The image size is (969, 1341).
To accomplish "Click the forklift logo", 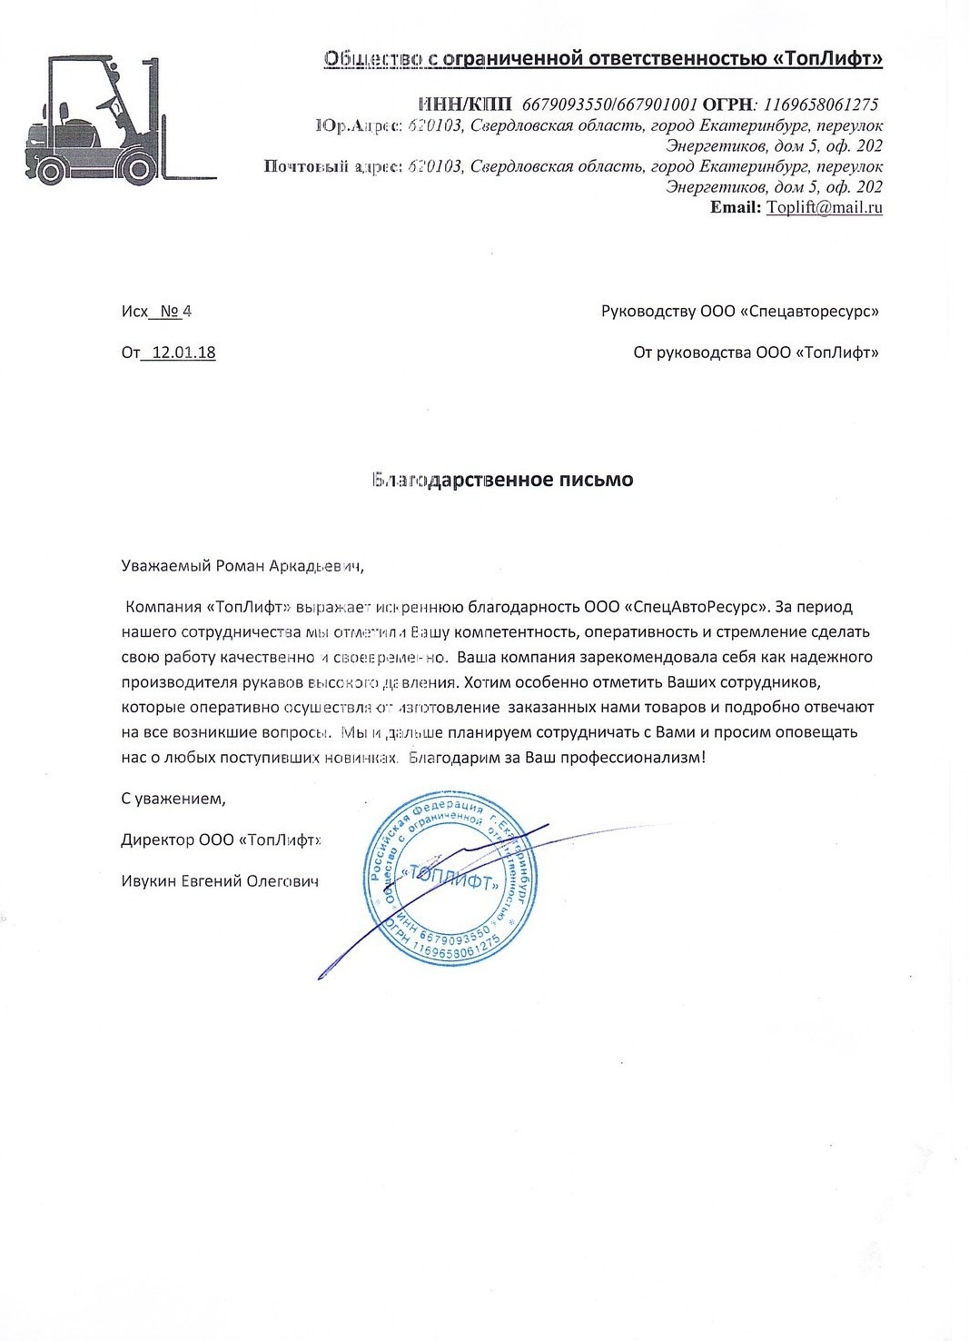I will pos(118,118).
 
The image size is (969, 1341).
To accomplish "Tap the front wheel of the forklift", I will pos(137,169).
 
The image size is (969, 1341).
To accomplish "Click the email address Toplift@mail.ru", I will pos(825,208).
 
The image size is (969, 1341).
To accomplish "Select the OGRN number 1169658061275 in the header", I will pos(820,104).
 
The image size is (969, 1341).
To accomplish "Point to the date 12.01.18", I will pos(183,353).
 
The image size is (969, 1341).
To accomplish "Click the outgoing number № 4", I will pos(175,312).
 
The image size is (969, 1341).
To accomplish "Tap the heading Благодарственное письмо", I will pos(502,480).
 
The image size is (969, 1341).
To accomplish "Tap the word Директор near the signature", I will pos(157,839).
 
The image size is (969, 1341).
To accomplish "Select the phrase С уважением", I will pos(173,799).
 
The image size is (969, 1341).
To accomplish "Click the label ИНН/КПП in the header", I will pos(465,104).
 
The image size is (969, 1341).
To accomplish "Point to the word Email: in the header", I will pos(736,208).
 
